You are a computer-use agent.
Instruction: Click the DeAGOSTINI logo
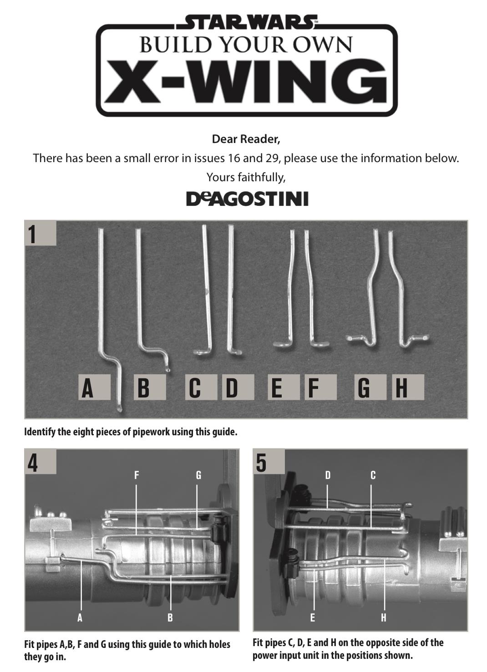coord(248,199)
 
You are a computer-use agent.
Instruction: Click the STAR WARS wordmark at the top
coord(246,22)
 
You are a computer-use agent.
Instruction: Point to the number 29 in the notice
coord(271,158)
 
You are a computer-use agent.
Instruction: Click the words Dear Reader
coord(246,139)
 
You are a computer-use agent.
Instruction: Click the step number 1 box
coord(41,233)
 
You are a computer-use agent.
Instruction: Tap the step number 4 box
coord(41,461)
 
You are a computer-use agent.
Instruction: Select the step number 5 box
coord(269,461)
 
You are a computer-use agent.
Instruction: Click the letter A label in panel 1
coord(94,387)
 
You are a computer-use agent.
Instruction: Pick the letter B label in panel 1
coord(150,387)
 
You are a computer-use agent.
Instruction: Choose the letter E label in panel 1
coord(284,387)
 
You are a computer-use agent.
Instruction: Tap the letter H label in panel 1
coord(408,387)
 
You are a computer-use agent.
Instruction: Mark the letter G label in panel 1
coord(370,387)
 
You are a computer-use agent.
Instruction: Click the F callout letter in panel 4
coord(137,475)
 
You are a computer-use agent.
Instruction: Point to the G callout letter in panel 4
coord(198,475)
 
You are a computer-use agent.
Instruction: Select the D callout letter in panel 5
coord(328,475)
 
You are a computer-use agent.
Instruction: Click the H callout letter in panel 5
coord(384,618)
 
